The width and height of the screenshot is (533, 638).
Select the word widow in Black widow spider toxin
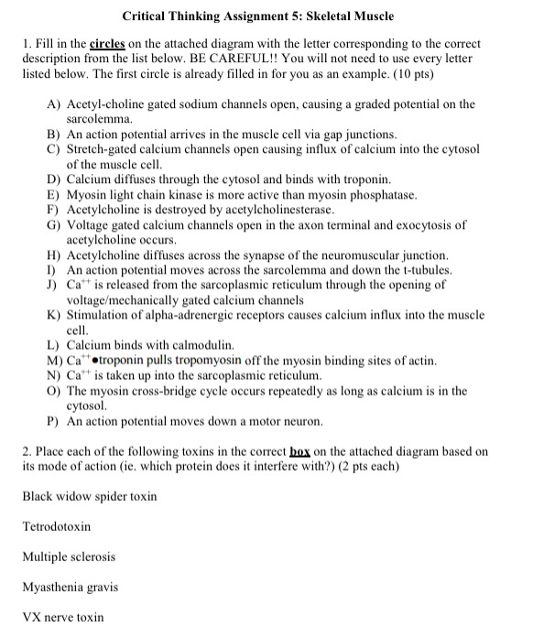[x=78, y=497]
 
